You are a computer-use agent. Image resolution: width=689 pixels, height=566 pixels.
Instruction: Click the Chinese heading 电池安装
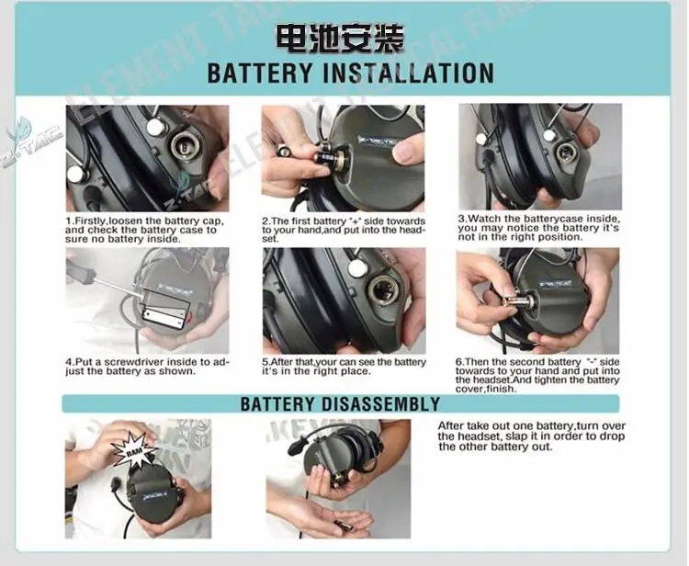[x=340, y=39]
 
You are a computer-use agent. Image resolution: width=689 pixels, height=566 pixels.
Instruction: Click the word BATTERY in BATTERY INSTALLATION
[x=260, y=73]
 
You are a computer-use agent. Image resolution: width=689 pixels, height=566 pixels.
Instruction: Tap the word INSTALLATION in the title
[x=408, y=73]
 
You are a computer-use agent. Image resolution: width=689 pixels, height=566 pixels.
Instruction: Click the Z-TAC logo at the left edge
[x=31, y=141]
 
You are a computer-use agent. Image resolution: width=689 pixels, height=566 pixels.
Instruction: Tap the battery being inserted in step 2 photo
[x=326, y=157]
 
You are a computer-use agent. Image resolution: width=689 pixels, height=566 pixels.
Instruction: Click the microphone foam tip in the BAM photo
[x=116, y=485]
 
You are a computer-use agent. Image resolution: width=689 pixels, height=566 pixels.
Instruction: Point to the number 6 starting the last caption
[x=458, y=362]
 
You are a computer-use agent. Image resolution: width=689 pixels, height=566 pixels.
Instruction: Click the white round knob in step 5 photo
[x=356, y=267]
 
